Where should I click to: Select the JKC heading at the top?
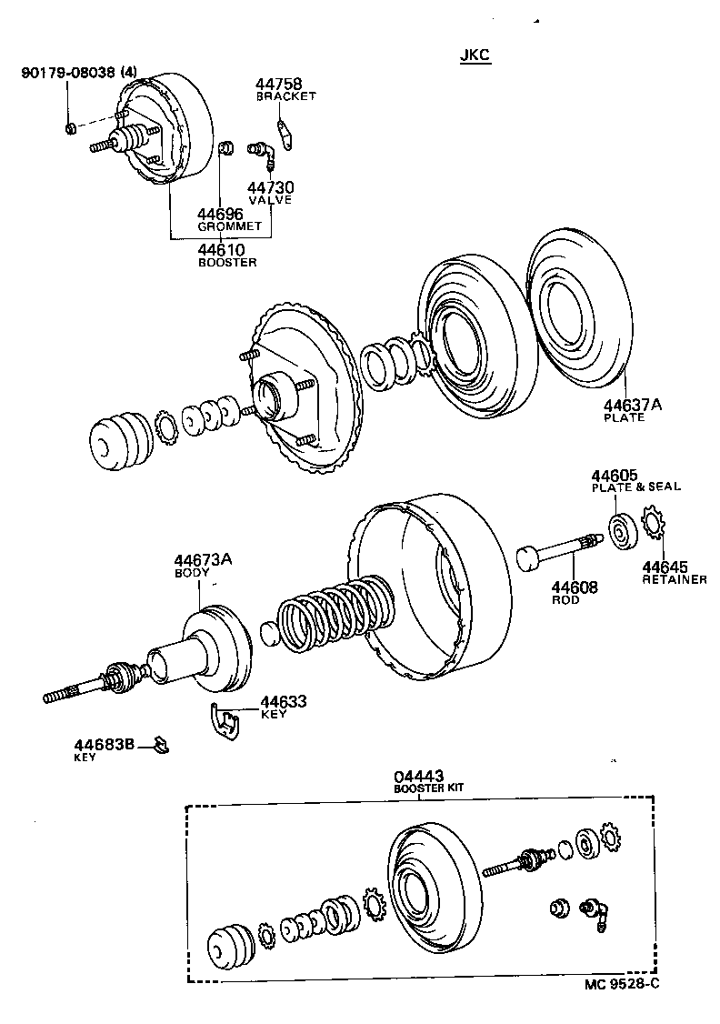coord(475,55)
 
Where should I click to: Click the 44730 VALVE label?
coord(271,193)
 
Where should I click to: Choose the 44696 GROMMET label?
coord(228,219)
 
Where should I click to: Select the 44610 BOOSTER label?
coord(227,255)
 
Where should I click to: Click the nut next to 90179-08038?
coord(71,126)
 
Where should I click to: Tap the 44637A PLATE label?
coord(633,410)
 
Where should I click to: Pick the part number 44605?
coord(615,475)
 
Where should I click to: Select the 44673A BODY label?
coord(203,565)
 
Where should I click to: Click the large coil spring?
coord(334,614)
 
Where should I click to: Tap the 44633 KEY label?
coord(283,707)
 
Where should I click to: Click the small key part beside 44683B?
coord(160,747)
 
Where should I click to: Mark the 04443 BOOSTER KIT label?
coord(427,781)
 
